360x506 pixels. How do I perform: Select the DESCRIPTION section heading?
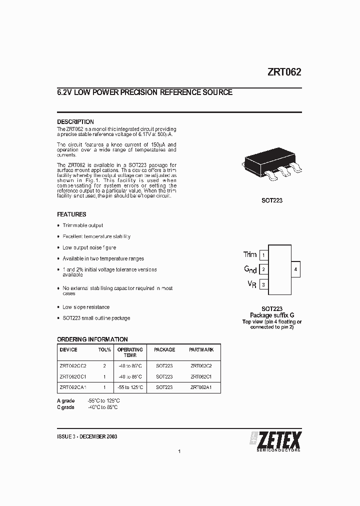point(75,121)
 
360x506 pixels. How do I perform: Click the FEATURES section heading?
point(71,214)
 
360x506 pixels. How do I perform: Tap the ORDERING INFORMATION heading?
point(92,339)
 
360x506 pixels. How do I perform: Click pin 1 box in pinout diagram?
point(263,255)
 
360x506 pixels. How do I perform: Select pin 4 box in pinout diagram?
point(295,269)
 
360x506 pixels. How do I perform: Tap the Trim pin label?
point(249,255)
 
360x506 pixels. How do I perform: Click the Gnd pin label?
point(250,269)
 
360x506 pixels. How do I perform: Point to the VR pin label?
point(252,284)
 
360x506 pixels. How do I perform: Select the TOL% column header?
point(104,350)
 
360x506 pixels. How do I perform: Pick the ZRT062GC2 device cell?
point(73,365)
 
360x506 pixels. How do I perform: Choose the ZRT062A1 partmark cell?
point(201,387)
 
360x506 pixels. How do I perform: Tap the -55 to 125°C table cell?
point(130,387)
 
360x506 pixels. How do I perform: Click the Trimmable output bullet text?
point(82,225)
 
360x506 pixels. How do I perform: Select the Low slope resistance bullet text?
point(86,307)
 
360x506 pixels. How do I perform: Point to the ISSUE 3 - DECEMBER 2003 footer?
point(87,436)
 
